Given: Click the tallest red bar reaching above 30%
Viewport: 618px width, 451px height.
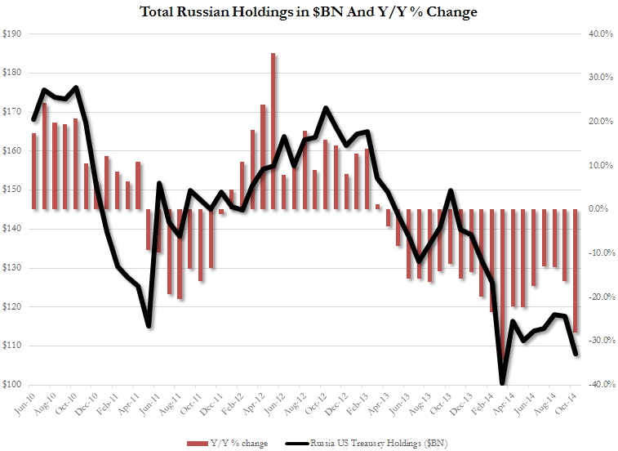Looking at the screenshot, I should pos(273,131).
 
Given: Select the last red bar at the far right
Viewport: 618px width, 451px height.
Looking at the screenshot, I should pos(576,270).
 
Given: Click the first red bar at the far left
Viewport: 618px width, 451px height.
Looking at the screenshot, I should pos(33,171).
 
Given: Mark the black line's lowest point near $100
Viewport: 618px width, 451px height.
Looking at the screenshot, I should pos(502,382).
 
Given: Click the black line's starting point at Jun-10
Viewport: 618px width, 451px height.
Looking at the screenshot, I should pos(33,119).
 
